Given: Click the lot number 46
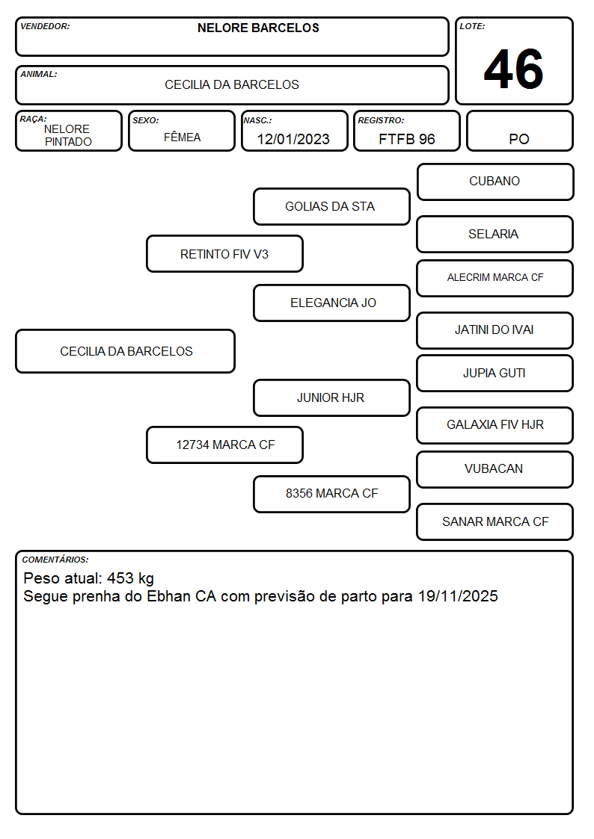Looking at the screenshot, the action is click(513, 69).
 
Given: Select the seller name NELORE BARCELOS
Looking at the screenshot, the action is click(258, 28).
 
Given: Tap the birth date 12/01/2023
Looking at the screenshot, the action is click(293, 139).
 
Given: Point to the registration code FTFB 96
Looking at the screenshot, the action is click(406, 139).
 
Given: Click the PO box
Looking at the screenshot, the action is click(519, 131).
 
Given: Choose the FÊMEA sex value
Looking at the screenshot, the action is click(182, 137).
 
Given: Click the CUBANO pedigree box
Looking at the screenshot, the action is click(495, 182).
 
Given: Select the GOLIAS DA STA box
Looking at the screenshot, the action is click(331, 206).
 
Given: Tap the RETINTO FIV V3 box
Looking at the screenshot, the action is click(224, 253).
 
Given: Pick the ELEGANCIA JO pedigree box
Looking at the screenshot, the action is click(331, 303).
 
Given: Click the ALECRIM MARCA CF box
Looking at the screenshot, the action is click(495, 278).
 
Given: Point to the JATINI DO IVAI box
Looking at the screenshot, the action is click(495, 331).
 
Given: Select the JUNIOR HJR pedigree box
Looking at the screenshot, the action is click(331, 398).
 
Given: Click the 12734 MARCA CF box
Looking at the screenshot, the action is click(224, 445).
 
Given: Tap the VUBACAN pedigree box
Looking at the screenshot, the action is click(495, 470).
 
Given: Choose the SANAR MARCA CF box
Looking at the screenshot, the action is click(495, 522).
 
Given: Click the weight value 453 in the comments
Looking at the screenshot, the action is click(120, 578).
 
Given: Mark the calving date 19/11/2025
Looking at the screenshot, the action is click(458, 596).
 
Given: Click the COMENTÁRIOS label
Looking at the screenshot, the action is click(55, 560).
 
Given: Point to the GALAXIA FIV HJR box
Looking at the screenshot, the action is click(495, 425).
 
